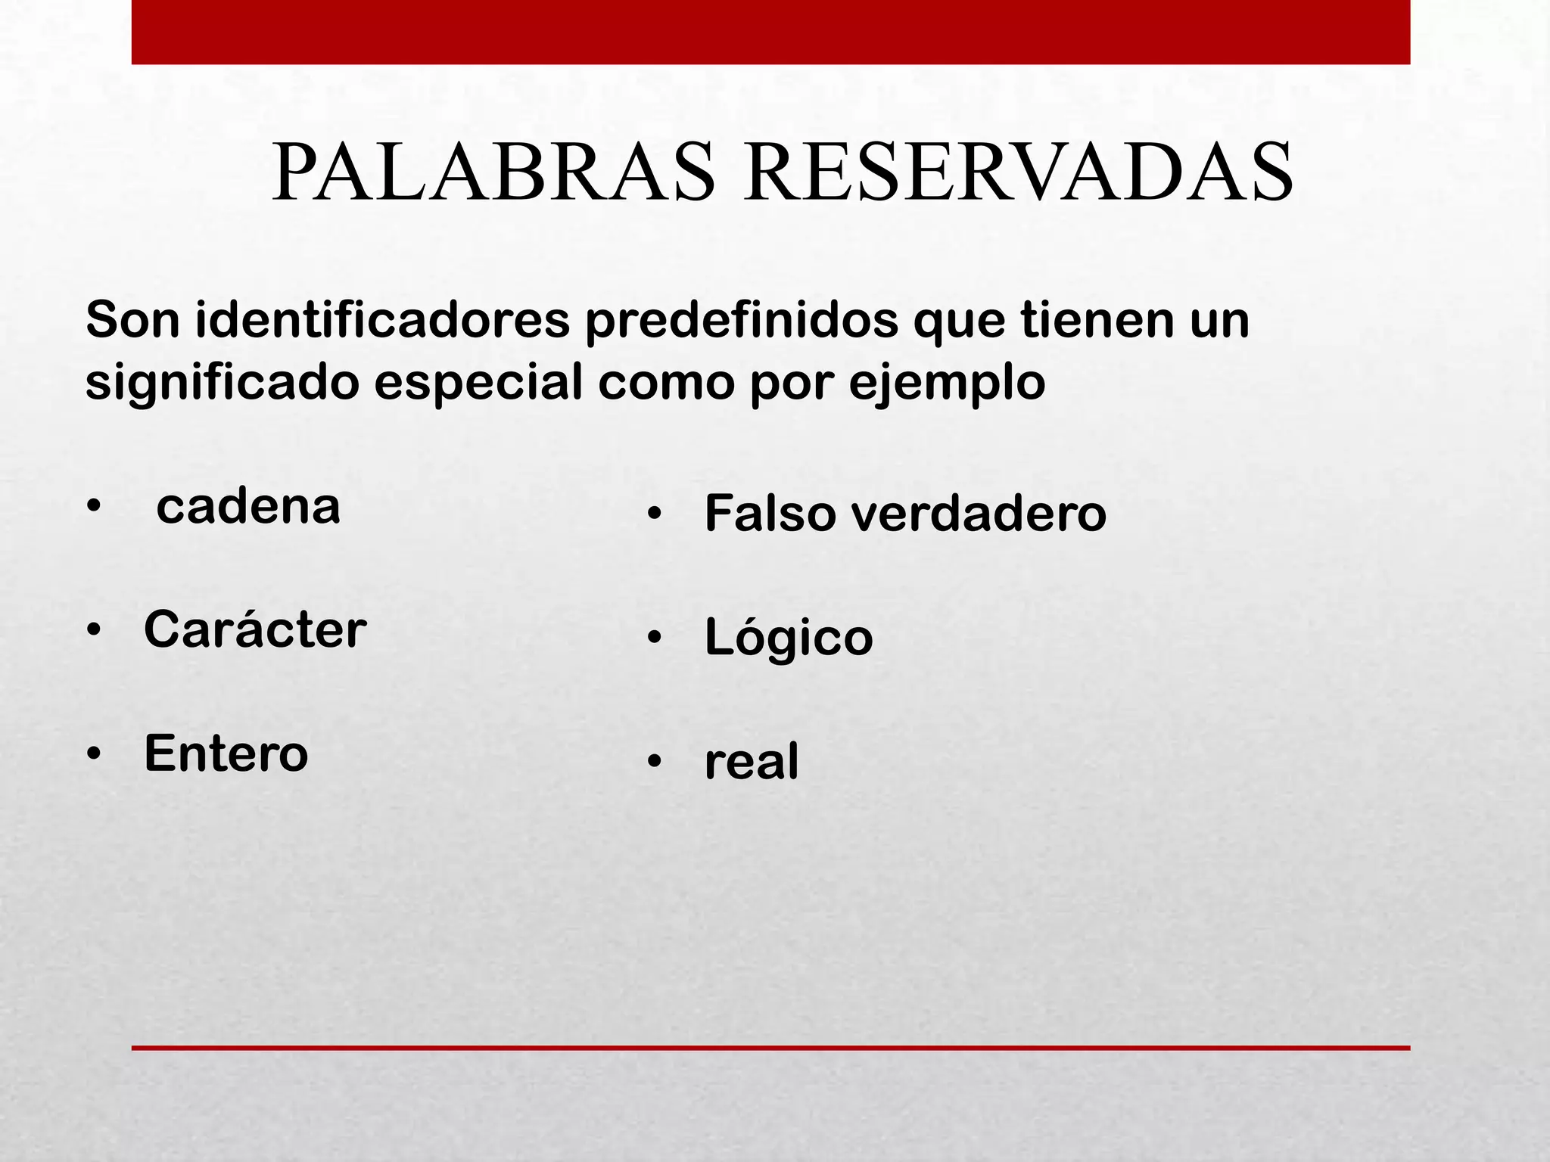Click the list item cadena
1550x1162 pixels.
click(248, 506)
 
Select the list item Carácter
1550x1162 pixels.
click(255, 629)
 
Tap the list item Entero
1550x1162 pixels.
click(226, 753)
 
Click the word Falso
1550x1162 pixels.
click(770, 514)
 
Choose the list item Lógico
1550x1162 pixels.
click(789, 638)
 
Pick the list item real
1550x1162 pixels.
click(752, 762)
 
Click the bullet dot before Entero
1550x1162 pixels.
click(93, 754)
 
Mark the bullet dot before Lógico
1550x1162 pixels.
click(655, 638)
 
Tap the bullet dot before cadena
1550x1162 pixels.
click(93, 506)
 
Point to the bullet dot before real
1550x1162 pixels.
click(655, 761)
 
